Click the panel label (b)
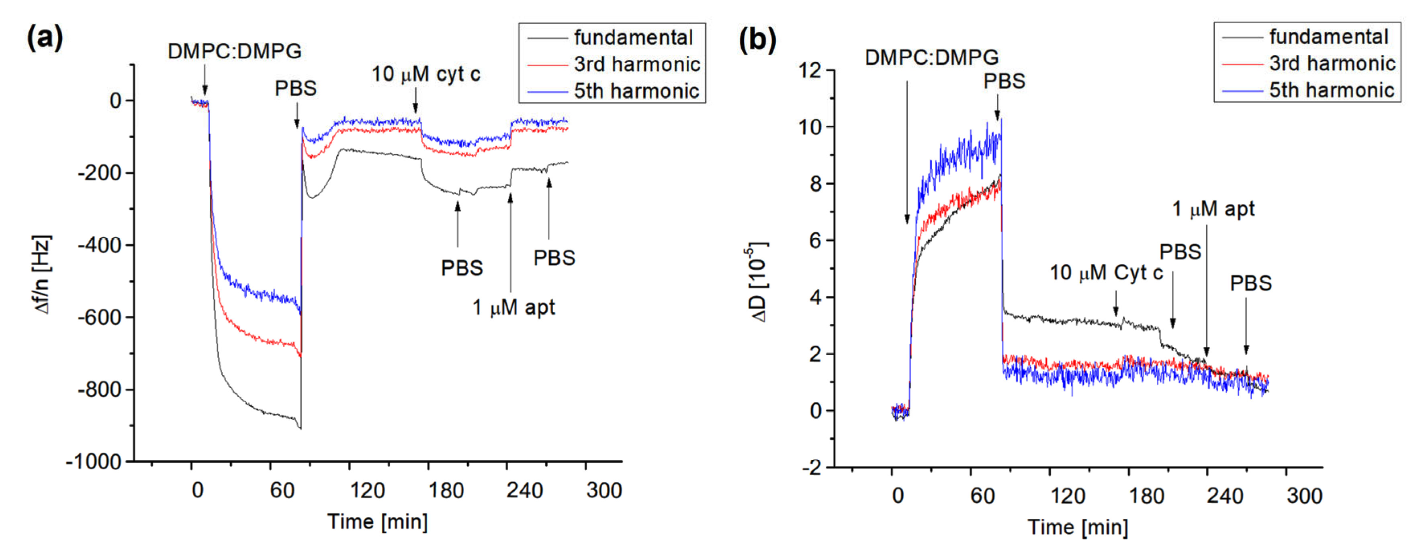pyautogui.click(x=757, y=40)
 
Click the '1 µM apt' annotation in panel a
pyautogui.click(x=513, y=307)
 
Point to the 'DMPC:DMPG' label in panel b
pyautogui.click(x=932, y=57)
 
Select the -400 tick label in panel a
pyautogui.click(x=99, y=245)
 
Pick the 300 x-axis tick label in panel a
pyautogui.click(x=604, y=491)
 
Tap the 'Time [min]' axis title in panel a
pyautogui.click(x=378, y=522)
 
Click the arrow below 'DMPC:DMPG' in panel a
pyautogui.click(x=205, y=80)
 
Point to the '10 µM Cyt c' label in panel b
pyautogui.click(x=1106, y=273)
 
